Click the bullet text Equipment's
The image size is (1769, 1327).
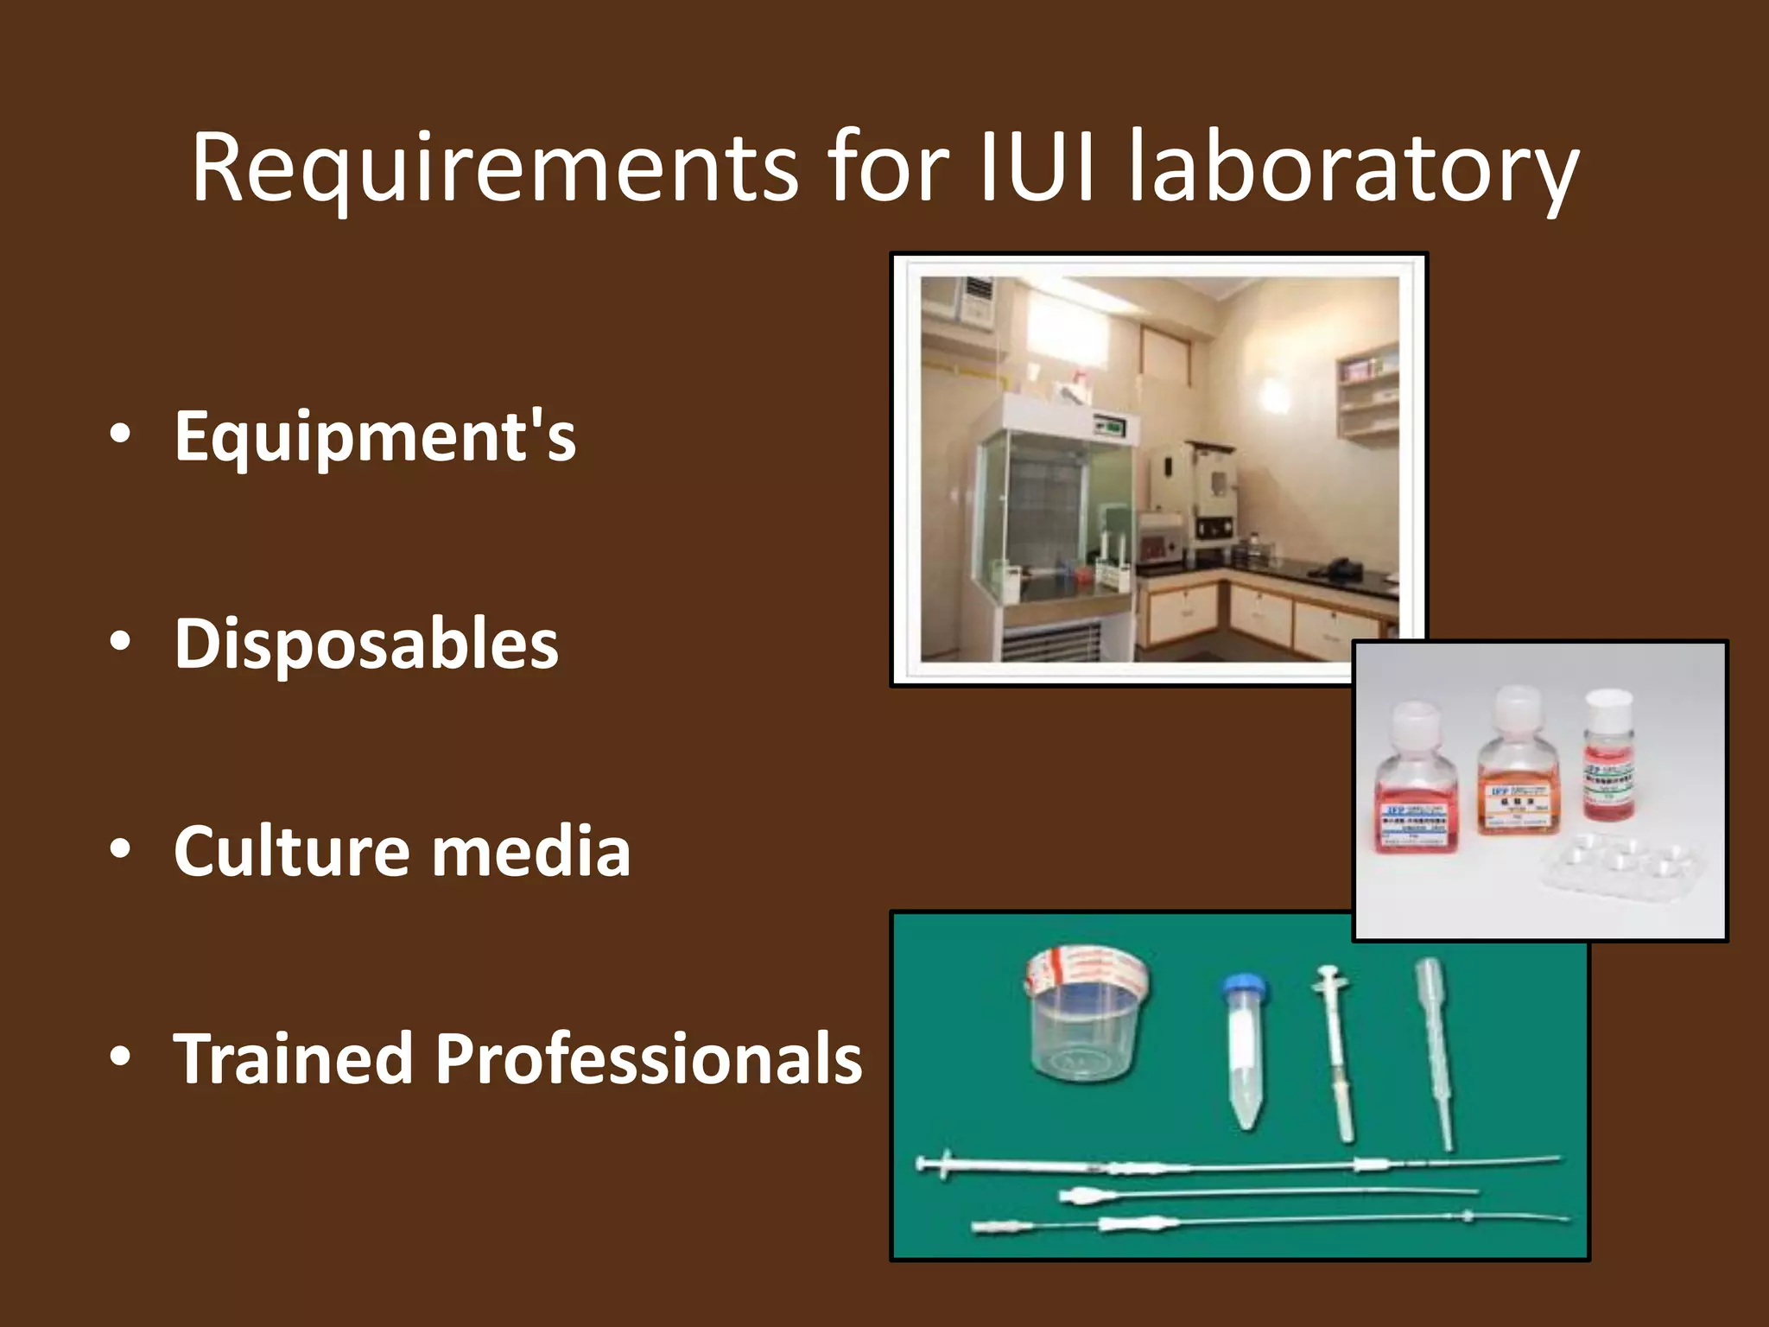coord(375,436)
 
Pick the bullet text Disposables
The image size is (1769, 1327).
coord(366,644)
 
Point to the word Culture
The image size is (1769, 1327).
coord(289,851)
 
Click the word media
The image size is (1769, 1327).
coord(531,851)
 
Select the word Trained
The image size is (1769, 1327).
coord(292,1058)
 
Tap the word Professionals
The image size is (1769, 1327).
coord(648,1058)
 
